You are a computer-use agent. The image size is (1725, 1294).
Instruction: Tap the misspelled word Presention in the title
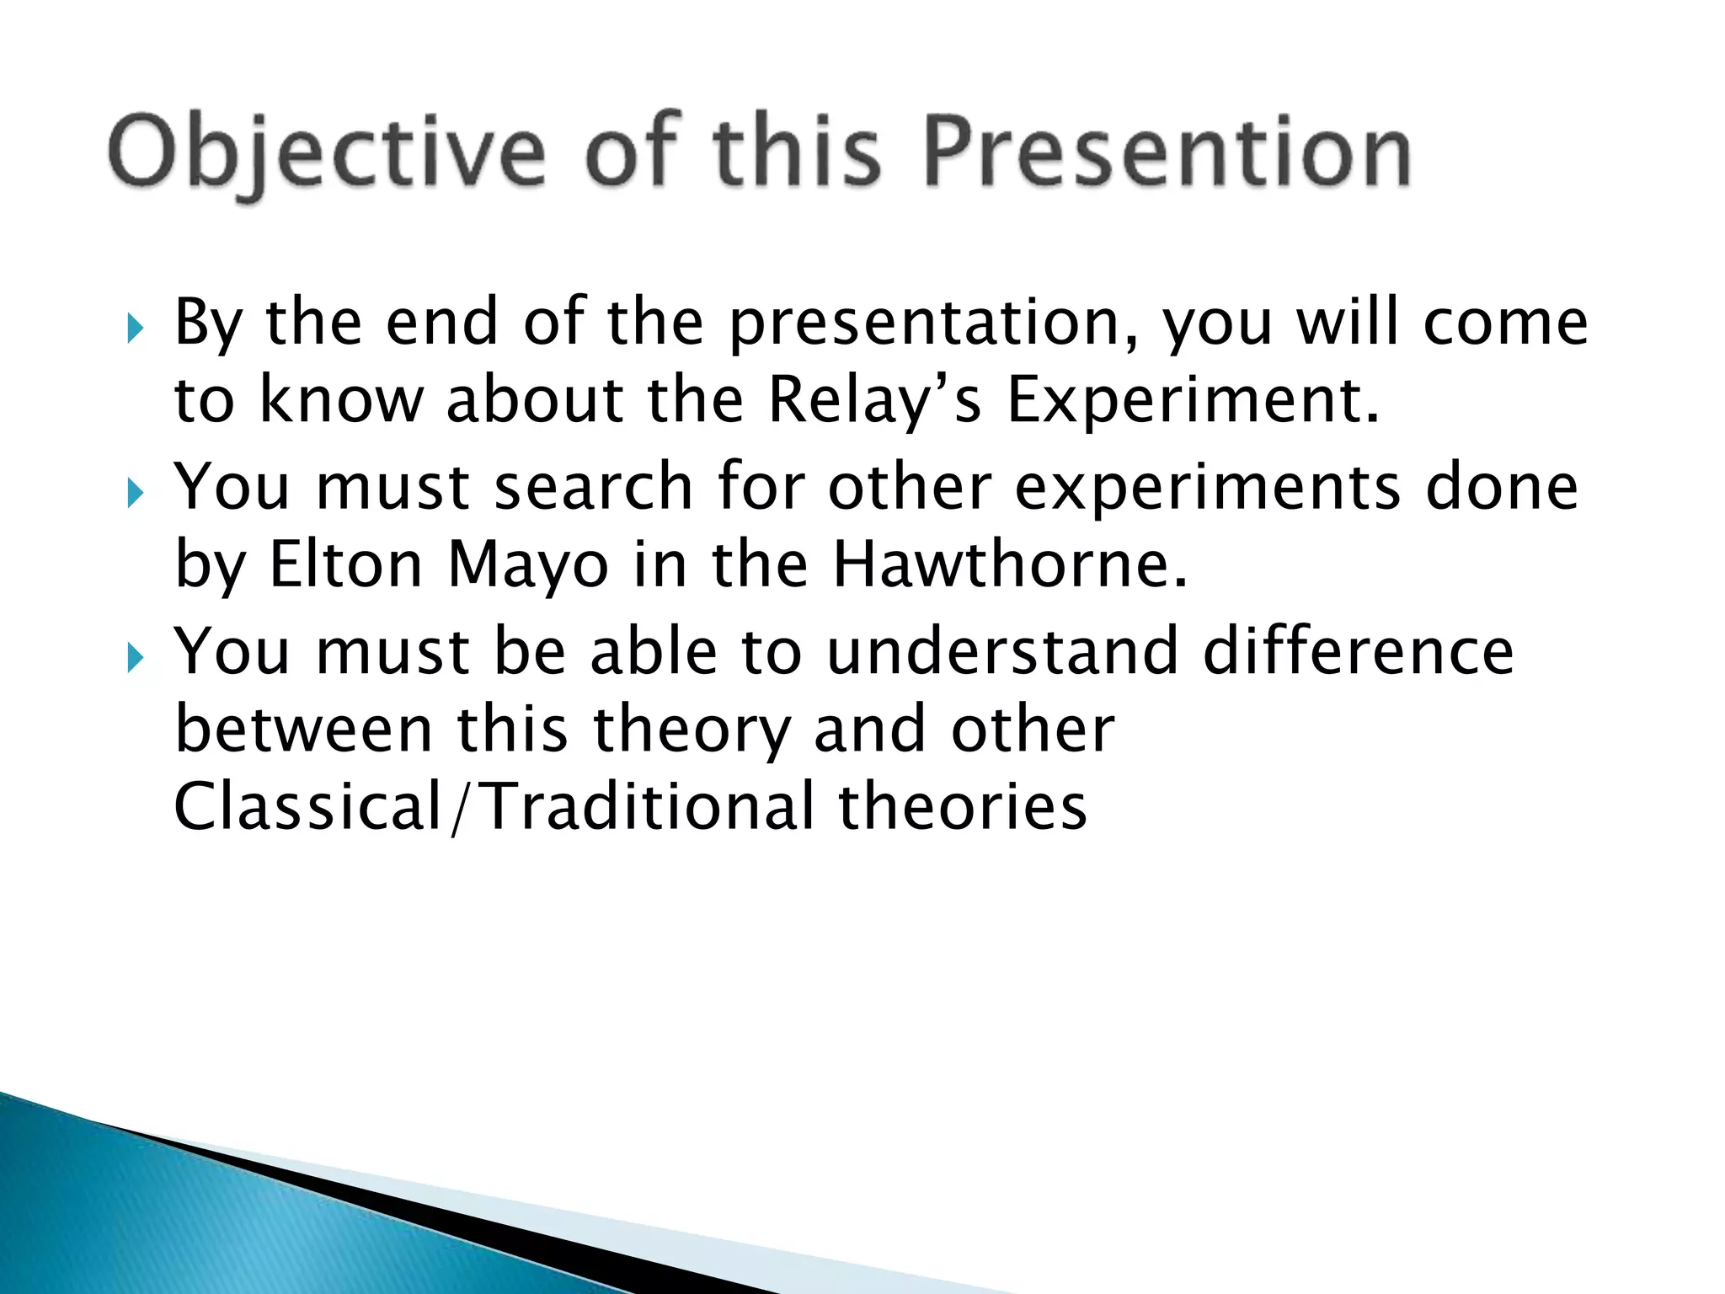click(1167, 152)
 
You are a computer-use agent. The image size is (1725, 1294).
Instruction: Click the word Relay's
click(874, 400)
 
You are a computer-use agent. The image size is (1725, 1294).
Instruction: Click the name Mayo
click(527, 566)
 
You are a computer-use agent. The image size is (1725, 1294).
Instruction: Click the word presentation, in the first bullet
click(935, 324)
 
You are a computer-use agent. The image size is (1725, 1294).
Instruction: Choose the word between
click(303, 729)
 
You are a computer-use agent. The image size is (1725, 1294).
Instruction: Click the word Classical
click(308, 806)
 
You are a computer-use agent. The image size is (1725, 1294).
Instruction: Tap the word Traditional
click(649, 806)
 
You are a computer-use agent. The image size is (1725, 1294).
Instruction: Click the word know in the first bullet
click(340, 400)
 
